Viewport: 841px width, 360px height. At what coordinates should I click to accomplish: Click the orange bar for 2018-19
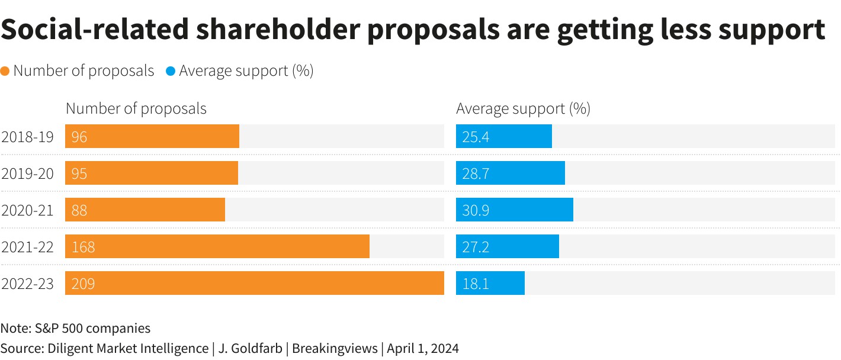(x=152, y=136)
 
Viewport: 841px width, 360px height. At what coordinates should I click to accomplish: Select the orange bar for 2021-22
(x=217, y=246)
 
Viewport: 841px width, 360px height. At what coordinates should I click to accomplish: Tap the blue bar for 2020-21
(x=514, y=210)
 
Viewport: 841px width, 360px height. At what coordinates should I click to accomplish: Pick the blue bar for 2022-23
(x=490, y=283)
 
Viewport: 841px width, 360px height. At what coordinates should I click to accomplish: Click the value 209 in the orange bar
(x=83, y=284)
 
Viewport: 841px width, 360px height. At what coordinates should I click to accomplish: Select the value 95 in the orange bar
(x=79, y=173)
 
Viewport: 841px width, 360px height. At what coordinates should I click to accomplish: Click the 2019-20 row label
(x=27, y=173)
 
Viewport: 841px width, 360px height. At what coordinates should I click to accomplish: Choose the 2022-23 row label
(x=27, y=284)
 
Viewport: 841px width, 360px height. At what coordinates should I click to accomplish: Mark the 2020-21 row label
(x=27, y=210)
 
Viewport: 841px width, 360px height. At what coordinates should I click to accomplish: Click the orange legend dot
(x=5, y=72)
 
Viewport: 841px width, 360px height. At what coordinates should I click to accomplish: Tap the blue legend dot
(x=171, y=72)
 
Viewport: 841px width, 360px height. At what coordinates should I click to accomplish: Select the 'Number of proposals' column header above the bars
(x=136, y=109)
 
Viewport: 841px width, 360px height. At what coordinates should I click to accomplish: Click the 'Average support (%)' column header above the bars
(x=523, y=109)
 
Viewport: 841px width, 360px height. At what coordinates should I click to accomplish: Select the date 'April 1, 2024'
(x=423, y=348)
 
